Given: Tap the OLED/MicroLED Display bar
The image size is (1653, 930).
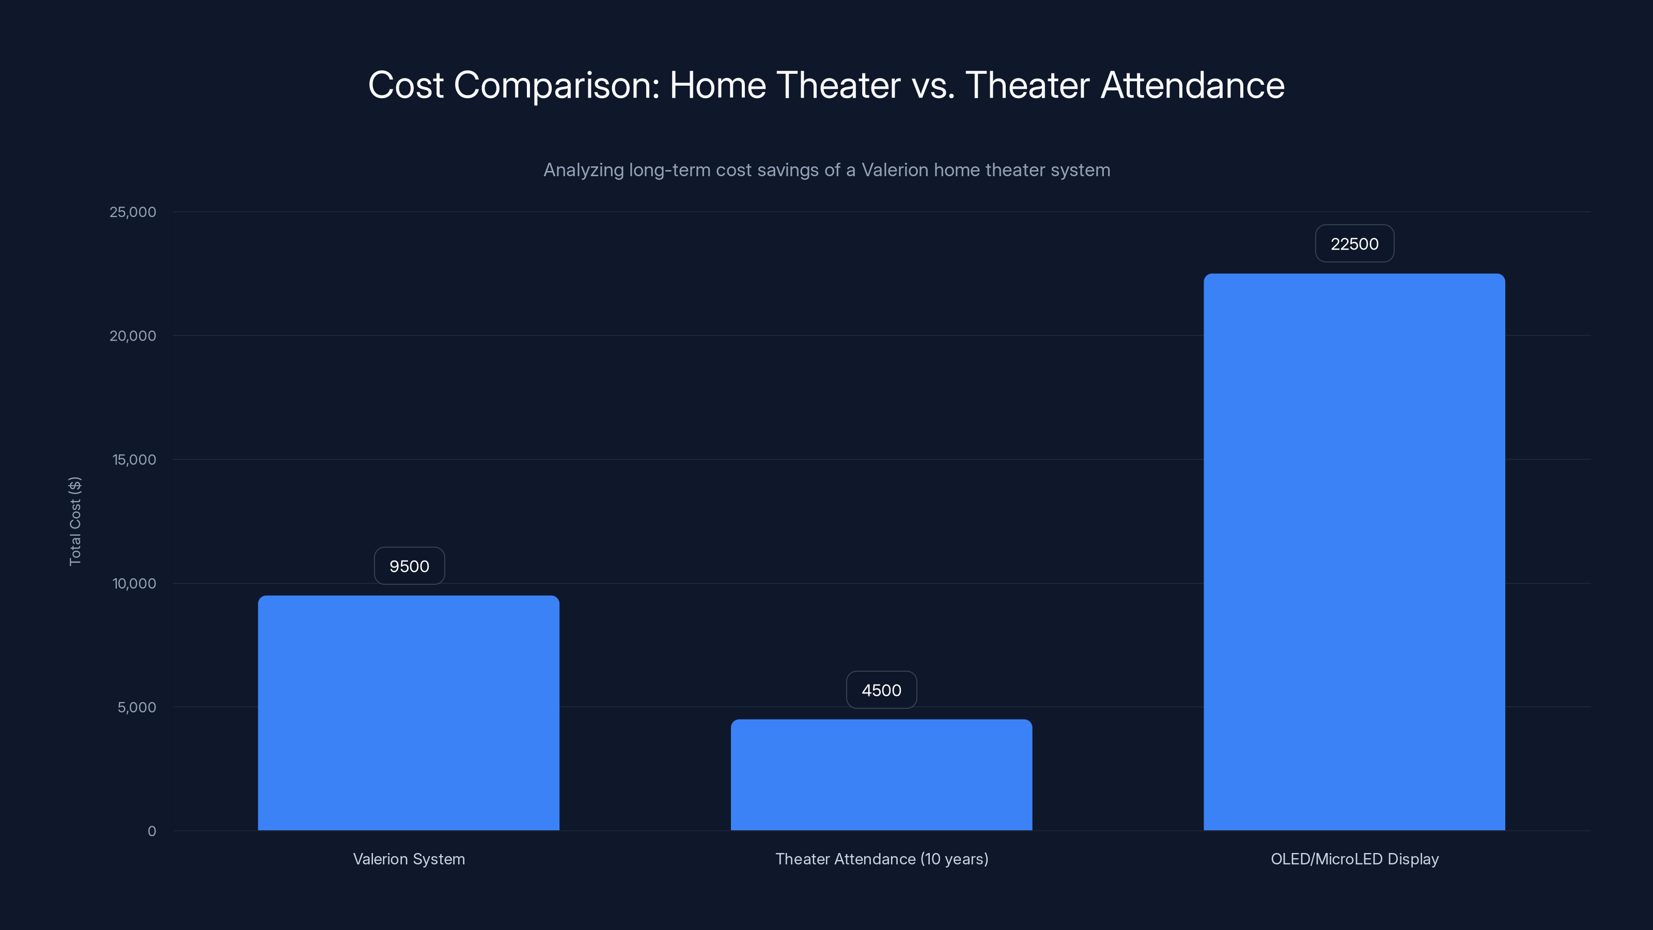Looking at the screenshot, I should [1354, 552].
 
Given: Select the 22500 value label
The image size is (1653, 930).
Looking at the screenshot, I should [1354, 244].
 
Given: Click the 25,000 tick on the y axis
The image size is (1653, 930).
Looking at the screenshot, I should [133, 212].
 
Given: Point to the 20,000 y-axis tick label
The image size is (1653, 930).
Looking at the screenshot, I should [133, 336].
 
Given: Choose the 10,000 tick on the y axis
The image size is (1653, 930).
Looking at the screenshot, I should [134, 584].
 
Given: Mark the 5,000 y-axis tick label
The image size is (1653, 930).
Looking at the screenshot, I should [137, 708].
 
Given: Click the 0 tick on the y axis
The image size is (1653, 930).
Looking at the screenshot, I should [151, 832].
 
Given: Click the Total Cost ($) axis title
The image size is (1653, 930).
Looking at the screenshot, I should [75, 521].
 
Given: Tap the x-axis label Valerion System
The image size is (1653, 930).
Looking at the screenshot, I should [409, 859].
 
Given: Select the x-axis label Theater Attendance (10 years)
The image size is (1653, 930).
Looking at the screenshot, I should [882, 859].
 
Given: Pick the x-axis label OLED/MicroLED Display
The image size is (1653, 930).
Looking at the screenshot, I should [1354, 859].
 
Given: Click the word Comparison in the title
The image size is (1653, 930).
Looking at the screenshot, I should [556, 86].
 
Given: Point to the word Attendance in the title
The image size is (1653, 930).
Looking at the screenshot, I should [1192, 85].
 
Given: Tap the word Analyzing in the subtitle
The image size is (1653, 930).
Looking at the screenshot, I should [583, 171].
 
